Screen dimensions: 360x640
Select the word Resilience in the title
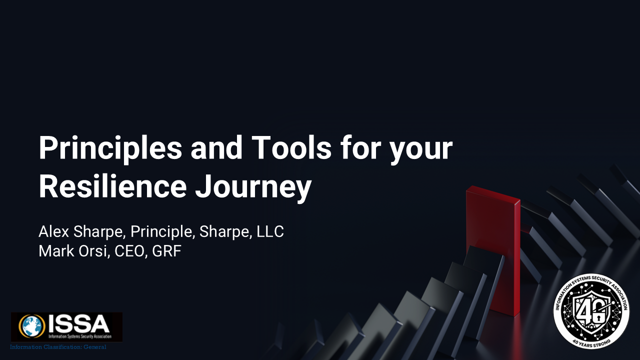[112, 186]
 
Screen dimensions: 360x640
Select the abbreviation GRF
[167, 251]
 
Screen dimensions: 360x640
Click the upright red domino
[492, 250]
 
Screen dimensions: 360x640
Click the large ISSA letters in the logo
[78, 324]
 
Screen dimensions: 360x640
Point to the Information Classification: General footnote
[58, 347]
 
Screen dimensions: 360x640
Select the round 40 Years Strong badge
[591, 310]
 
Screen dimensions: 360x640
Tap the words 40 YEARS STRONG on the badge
[591, 341]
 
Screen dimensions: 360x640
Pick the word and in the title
[214, 148]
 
